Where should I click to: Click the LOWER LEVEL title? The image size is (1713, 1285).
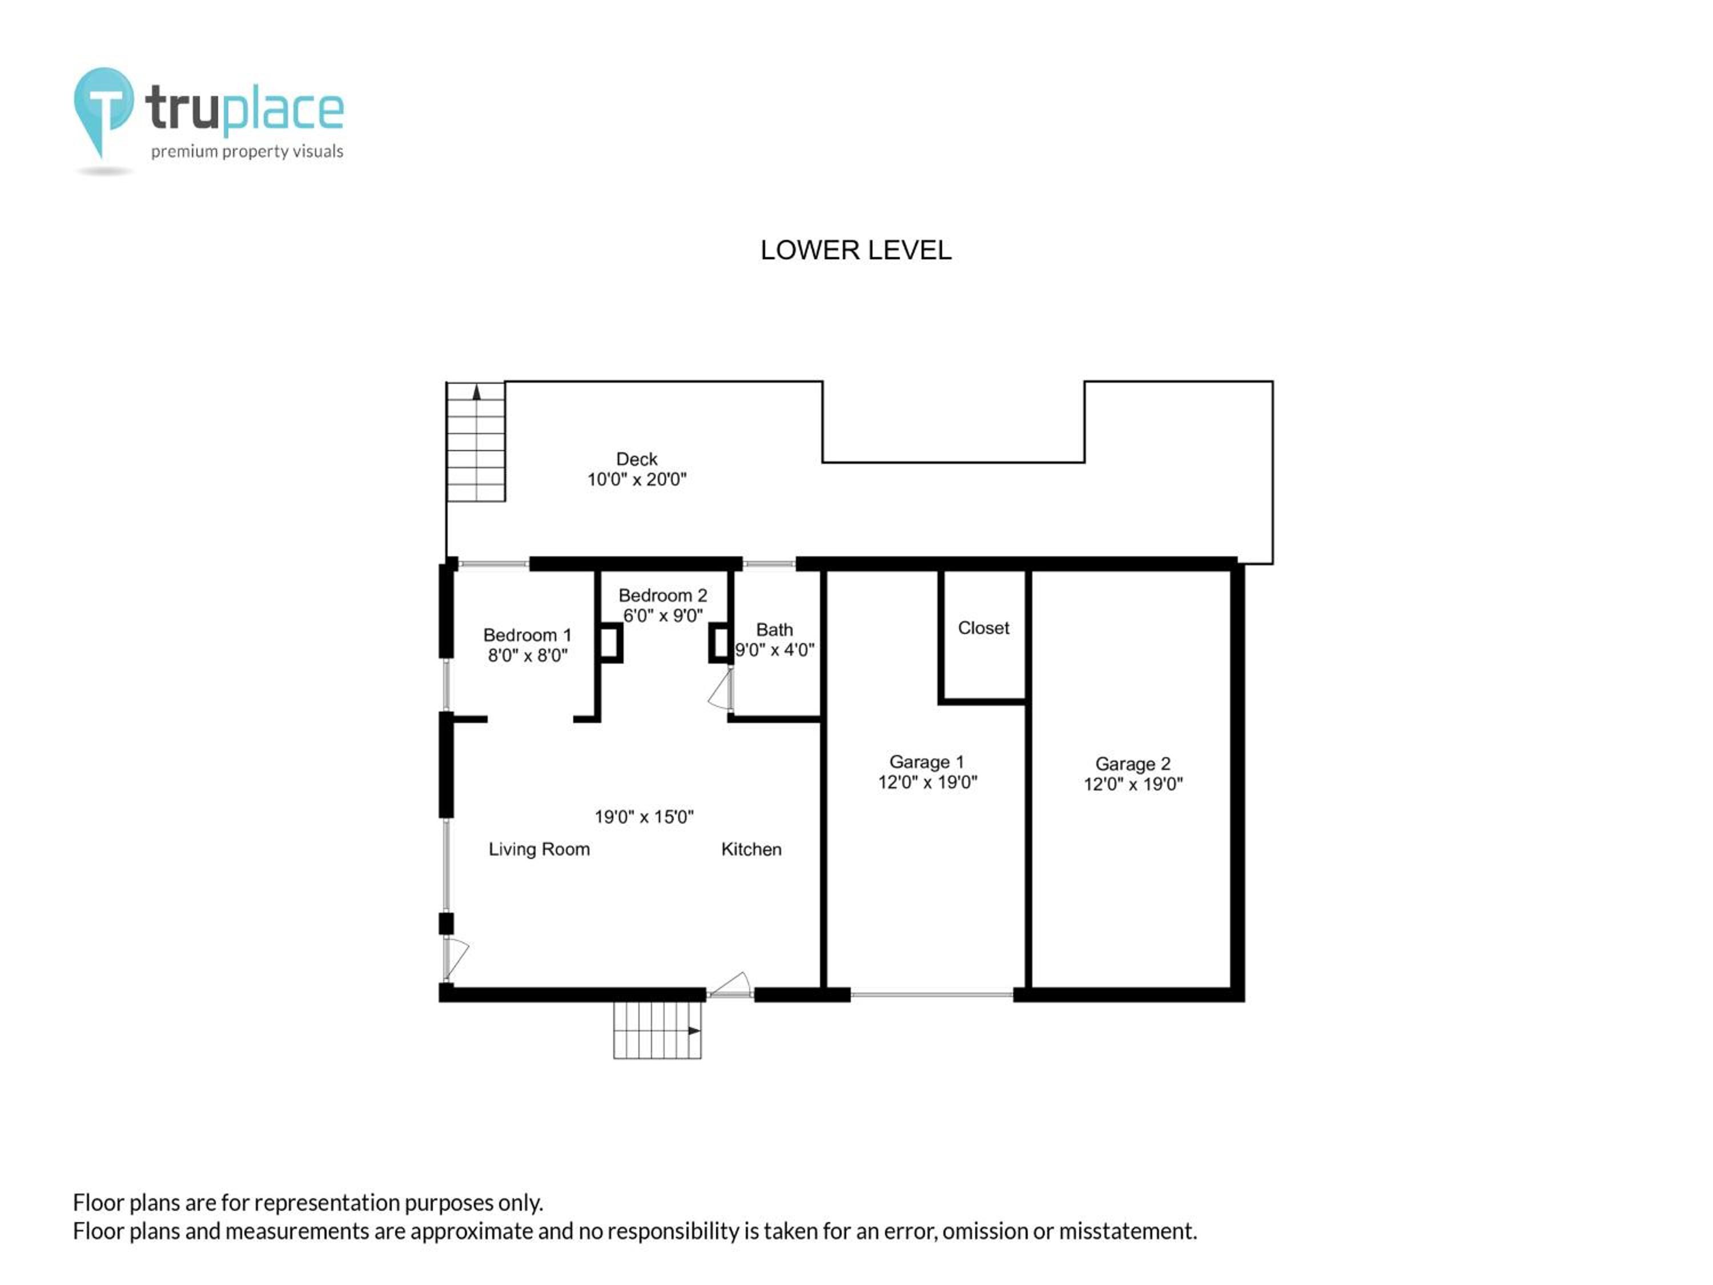coord(856,250)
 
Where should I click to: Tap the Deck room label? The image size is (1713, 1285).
coord(637,459)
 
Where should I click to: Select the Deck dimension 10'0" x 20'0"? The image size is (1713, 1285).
coord(637,480)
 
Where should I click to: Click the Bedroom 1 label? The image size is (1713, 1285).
coord(528,635)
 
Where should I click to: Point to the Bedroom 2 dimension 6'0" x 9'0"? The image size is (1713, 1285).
coord(663,616)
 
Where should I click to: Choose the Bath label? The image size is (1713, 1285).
coord(774,630)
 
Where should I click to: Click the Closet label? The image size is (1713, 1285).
coord(983,628)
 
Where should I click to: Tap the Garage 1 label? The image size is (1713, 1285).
coord(927,762)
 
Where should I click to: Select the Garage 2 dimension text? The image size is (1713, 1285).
coord(1133,784)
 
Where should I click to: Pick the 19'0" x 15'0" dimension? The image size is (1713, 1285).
coord(644,816)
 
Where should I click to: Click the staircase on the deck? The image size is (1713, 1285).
coord(476,441)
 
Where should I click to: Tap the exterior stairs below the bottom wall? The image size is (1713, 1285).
coord(657,1030)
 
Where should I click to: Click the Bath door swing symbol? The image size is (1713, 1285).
coord(720,689)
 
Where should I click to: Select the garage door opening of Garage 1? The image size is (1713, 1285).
coord(932,994)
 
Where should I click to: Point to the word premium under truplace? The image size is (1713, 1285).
coord(184,152)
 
